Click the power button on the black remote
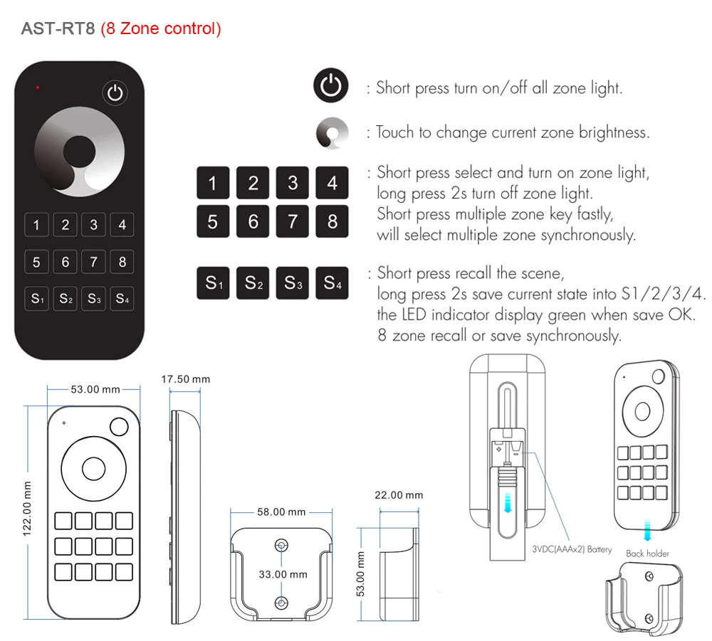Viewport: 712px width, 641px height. [x=116, y=92]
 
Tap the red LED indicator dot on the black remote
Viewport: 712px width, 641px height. [x=37, y=88]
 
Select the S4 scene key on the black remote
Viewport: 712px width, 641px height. [x=122, y=298]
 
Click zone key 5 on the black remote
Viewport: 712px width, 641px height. [x=36, y=262]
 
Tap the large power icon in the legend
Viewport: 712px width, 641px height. [x=331, y=88]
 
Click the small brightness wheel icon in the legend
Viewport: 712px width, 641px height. [x=332, y=132]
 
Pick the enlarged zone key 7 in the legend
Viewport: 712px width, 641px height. [x=292, y=221]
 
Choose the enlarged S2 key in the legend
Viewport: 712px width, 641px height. [x=252, y=282]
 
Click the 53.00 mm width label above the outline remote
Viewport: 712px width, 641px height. [x=95, y=389]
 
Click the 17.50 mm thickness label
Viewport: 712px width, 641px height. [x=185, y=379]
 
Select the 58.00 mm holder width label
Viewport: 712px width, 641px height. [x=281, y=512]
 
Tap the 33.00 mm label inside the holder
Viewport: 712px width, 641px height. [x=283, y=574]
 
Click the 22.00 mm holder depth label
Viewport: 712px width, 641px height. [x=399, y=495]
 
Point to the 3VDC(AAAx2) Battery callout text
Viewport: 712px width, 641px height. [x=572, y=549]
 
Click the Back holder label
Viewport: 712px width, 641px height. [x=647, y=553]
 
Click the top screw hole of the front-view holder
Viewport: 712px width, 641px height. [x=282, y=545]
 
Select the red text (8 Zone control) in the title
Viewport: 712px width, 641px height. [x=161, y=29]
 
